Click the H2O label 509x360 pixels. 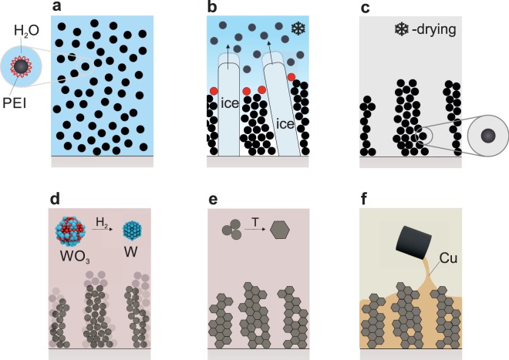pos(26,31)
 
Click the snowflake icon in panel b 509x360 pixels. pos(298,29)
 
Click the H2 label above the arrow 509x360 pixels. pos(103,221)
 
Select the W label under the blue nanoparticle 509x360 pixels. pos(131,254)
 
